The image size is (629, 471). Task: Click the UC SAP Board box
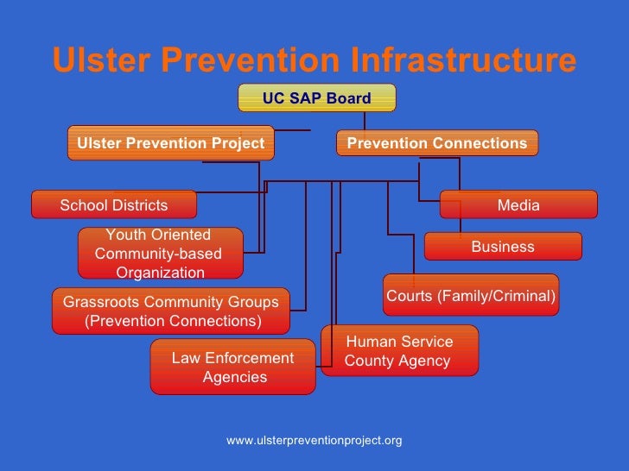[x=316, y=98]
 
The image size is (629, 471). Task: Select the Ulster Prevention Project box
[x=171, y=143]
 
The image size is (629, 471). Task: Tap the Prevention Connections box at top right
[x=436, y=143]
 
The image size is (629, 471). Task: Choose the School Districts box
[x=114, y=205]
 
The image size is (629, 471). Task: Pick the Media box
[x=518, y=205]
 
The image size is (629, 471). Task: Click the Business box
[x=503, y=247]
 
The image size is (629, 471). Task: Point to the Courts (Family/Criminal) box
[x=471, y=296]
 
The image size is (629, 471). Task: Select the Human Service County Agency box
[x=399, y=351]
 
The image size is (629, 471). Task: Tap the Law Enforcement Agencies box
[x=233, y=367]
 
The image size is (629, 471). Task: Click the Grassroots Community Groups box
[x=171, y=311]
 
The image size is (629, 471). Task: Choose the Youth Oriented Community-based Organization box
[x=160, y=254]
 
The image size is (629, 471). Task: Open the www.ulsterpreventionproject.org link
[x=314, y=441]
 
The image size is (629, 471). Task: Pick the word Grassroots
[x=105, y=302]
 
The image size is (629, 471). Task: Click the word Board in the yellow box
[x=351, y=98]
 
